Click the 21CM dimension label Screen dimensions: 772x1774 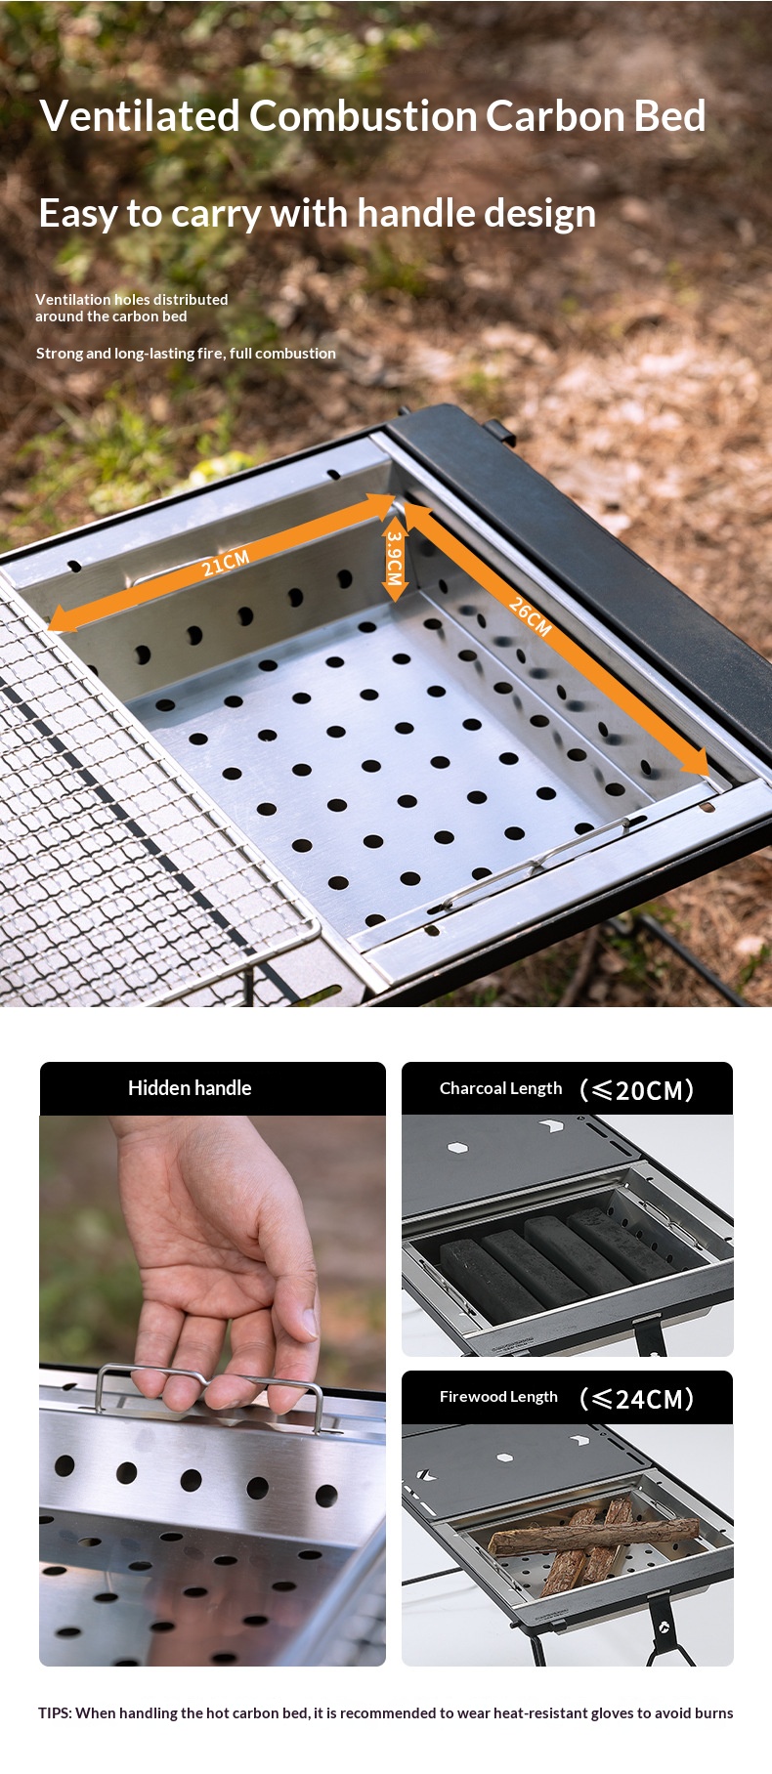click(226, 563)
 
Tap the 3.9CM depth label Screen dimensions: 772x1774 click(395, 558)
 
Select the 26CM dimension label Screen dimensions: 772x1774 click(530, 616)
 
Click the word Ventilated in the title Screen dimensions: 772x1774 click(140, 116)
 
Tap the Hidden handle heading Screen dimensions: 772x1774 click(190, 1088)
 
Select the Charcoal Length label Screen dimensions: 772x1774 click(500, 1088)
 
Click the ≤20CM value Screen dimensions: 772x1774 click(636, 1090)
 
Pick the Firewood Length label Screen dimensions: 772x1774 click(498, 1397)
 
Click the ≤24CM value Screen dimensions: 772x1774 click(636, 1399)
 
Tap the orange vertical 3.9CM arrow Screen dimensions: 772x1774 click(395, 558)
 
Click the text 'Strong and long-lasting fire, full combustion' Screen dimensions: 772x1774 click(186, 354)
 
